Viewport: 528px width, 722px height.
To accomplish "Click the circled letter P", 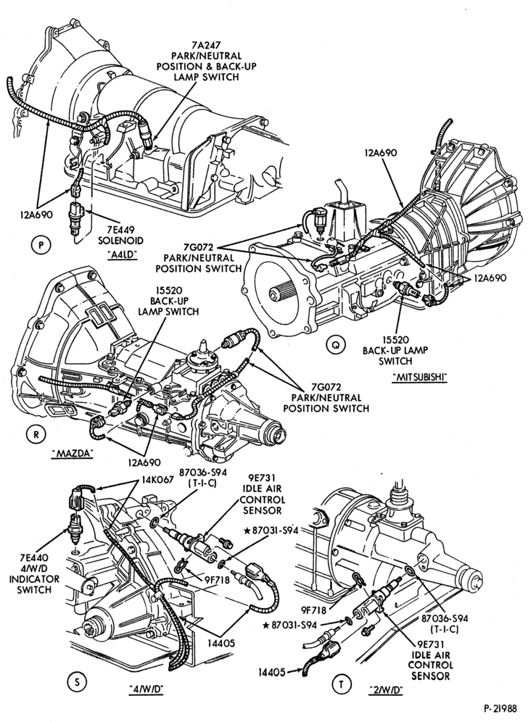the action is pyautogui.click(x=41, y=246).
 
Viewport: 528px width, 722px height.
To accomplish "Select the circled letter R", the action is pyautogui.click(x=36, y=434).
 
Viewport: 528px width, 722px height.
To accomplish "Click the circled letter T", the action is pyautogui.click(x=342, y=685).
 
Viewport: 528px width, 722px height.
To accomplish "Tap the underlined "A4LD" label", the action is pyautogui.click(x=122, y=254).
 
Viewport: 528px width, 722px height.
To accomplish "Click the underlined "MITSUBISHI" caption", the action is pyautogui.click(x=420, y=377).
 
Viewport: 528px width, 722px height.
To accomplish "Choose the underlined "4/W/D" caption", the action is pyautogui.click(x=147, y=689).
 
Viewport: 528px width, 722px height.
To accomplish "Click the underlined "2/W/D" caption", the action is pyautogui.click(x=386, y=690).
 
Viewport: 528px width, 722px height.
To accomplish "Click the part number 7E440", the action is pyautogui.click(x=34, y=557).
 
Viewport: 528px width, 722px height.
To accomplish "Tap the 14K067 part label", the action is pyautogui.click(x=157, y=479).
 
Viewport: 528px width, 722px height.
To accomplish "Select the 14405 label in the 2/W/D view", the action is pyautogui.click(x=272, y=672).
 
